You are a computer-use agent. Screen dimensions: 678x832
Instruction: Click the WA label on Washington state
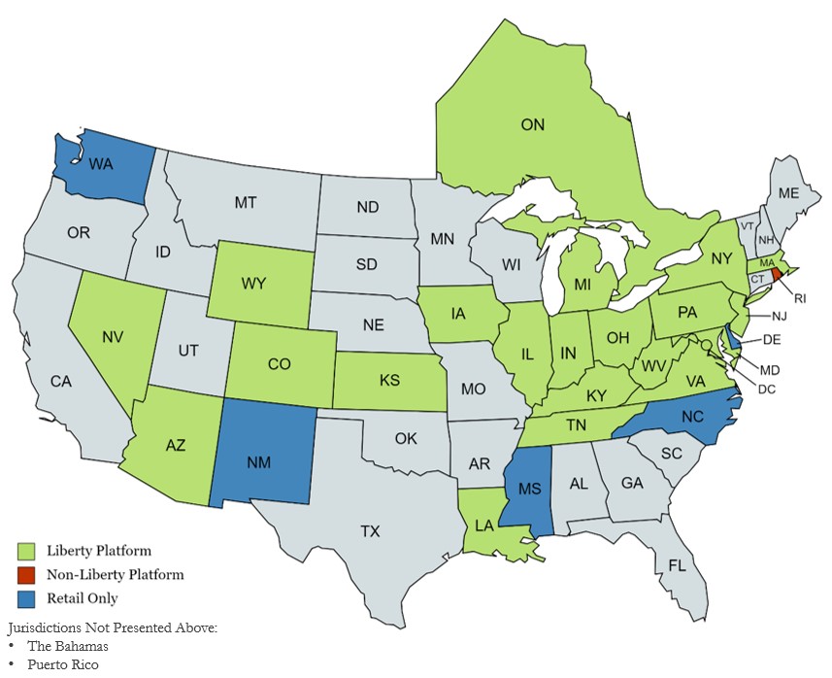point(100,164)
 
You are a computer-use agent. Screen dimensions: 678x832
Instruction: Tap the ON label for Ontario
point(533,124)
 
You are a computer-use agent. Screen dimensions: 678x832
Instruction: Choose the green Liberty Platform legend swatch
point(26,551)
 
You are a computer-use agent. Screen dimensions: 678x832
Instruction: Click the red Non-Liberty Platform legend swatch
point(26,575)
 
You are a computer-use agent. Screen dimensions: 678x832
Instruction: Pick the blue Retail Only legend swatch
point(26,598)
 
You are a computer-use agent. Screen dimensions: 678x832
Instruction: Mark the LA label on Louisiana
point(485,525)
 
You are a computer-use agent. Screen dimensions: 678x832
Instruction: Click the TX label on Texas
point(370,531)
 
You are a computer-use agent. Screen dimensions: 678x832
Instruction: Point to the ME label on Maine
point(788,193)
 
